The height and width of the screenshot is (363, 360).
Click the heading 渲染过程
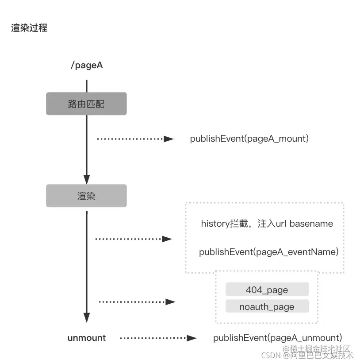29,28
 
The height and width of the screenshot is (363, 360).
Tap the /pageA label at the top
87,66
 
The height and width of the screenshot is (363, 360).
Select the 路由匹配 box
86,104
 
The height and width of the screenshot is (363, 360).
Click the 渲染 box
86,196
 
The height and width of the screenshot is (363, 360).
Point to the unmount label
87,338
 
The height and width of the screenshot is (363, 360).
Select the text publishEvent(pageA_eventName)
269,252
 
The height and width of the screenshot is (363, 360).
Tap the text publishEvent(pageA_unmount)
278,338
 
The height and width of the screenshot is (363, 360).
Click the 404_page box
267,290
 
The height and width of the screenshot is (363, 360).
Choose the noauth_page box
267,306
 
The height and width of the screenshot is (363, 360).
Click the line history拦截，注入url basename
267,224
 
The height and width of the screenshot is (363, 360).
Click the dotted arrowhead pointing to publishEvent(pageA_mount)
169,139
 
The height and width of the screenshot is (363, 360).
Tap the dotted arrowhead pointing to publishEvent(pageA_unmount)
191,338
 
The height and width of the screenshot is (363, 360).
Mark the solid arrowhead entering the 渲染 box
87,180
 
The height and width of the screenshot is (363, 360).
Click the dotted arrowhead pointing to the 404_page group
170,302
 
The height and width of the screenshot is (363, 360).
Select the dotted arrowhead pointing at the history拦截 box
167,239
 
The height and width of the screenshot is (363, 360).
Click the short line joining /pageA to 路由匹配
87,86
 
